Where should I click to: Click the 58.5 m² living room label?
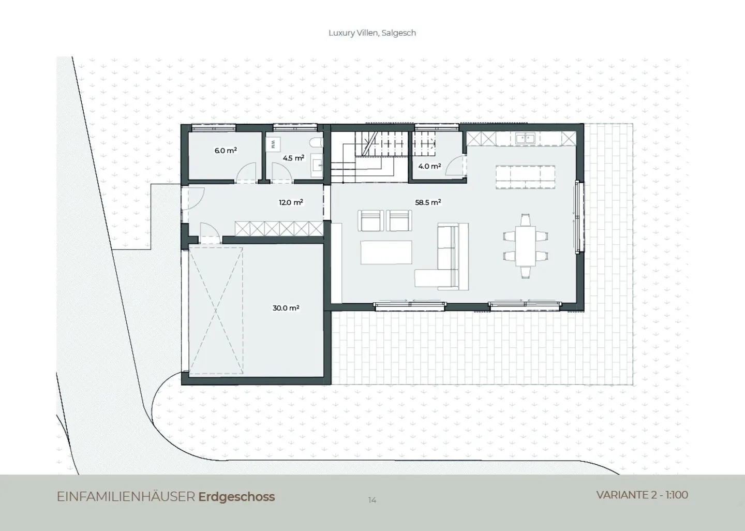click(x=428, y=202)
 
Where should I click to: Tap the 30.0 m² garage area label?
click(x=286, y=308)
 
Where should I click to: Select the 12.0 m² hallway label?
click(x=291, y=202)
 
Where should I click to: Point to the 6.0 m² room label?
click(x=226, y=151)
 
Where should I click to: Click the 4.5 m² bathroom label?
click(x=293, y=158)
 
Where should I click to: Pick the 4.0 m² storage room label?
click(x=429, y=166)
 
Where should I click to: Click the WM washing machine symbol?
click(x=273, y=144)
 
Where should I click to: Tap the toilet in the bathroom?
click(x=316, y=143)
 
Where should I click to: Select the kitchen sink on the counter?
click(x=525, y=138)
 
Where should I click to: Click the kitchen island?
click(x=525, y=177)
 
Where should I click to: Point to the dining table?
click(x=526, y=246)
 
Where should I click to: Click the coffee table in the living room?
click(x=386, y=252)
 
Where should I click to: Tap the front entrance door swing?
click(x=193, y=199)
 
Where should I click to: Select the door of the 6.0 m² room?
click(x=246, y=172)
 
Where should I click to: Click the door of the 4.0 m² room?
click(x=456, y=166)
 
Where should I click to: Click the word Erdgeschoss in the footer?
click(x=236, y=497)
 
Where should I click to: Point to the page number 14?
click(x=372, y=500)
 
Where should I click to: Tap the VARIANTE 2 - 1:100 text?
click(x=642, y=495)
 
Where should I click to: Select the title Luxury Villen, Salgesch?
click(x=372, y=33)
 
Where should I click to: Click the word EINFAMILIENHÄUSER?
click(x=126, y=497)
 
